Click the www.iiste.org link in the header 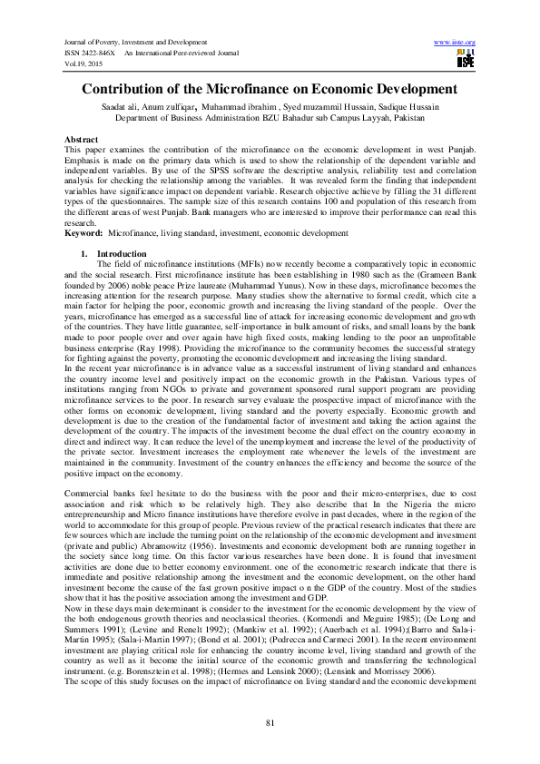tap(456, 43)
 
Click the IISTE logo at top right tap(466, 61)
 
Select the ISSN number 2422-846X tap(96, 54)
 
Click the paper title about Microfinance tap(270, 90)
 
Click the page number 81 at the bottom tap(270, 721)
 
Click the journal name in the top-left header tap(129, 43)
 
